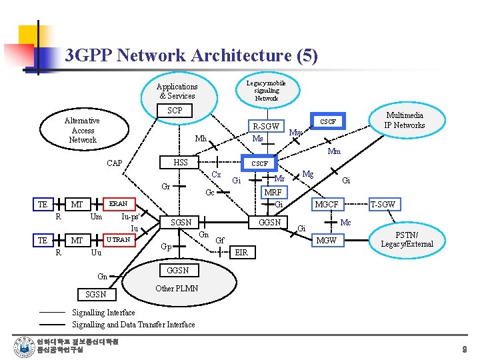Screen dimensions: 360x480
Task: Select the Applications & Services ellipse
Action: (177, 91)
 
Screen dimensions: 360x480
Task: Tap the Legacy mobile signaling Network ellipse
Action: (266, 91)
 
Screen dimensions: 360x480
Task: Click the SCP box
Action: (175, 111)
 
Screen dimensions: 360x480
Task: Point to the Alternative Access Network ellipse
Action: (82, 130)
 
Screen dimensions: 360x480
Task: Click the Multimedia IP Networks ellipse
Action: (404, 121)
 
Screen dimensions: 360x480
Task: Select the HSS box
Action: (180, 163)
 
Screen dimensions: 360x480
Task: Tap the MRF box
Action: (273, 192)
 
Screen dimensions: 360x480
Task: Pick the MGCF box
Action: (327, 205)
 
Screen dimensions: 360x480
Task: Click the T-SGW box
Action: (383, 205)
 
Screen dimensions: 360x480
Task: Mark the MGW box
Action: (327, 240)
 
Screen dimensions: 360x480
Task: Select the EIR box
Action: (241, 253)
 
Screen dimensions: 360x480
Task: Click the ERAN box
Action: (118, 203)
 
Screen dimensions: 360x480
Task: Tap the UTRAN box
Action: (118, 239)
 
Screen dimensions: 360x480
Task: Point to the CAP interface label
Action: (115, 163)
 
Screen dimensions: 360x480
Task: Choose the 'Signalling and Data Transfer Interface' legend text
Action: (133, 324)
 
